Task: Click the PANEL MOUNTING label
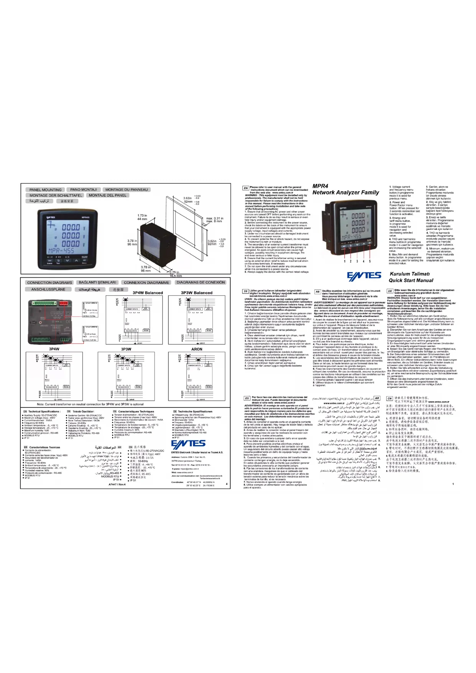coord(45,190)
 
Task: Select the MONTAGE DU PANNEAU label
coord(126,190)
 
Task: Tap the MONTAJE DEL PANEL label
coord(107,195)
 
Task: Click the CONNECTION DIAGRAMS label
coord(49,282)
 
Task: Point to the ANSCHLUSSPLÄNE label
coord(48,289)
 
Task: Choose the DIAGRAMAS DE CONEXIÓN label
coord(201,282)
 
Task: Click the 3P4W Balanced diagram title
coord(148,293)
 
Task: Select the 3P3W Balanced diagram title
coord(196,293)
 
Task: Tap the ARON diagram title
coord(197,349)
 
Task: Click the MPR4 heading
coord(320,186)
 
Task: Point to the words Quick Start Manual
coord(411,280)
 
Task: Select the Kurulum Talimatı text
coord(410,274)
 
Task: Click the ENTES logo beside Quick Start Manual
coord(364,276)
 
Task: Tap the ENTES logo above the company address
coord(188,444)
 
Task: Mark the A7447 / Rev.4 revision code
coord(117,484)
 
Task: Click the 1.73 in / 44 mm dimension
coord(142,217)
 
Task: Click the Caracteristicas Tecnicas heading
coord(42,447)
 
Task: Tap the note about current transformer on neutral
coord(90,404)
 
